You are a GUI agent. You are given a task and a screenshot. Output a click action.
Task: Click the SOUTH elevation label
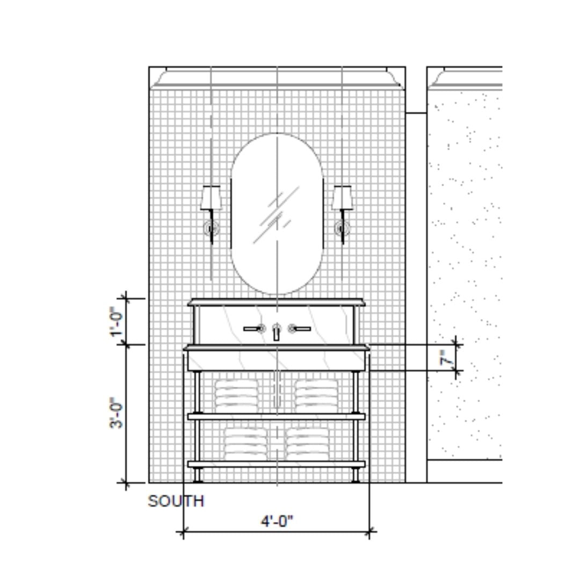click(x=176, y=501)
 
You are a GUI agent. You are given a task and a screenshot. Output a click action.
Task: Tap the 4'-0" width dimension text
click(x=277, y=521)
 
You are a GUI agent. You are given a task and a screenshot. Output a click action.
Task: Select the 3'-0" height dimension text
click(x=117, y=413)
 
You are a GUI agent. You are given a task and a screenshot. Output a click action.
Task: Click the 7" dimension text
click(x=447, y=358)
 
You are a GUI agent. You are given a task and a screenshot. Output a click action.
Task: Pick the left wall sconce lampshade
click(x=211, y=198)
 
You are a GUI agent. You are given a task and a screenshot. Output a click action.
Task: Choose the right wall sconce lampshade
click(x=342, y=198)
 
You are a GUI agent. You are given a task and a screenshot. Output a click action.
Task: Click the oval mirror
click(x=277, y=214)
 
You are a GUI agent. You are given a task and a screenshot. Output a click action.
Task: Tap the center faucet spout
click(x=277, y=332)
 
